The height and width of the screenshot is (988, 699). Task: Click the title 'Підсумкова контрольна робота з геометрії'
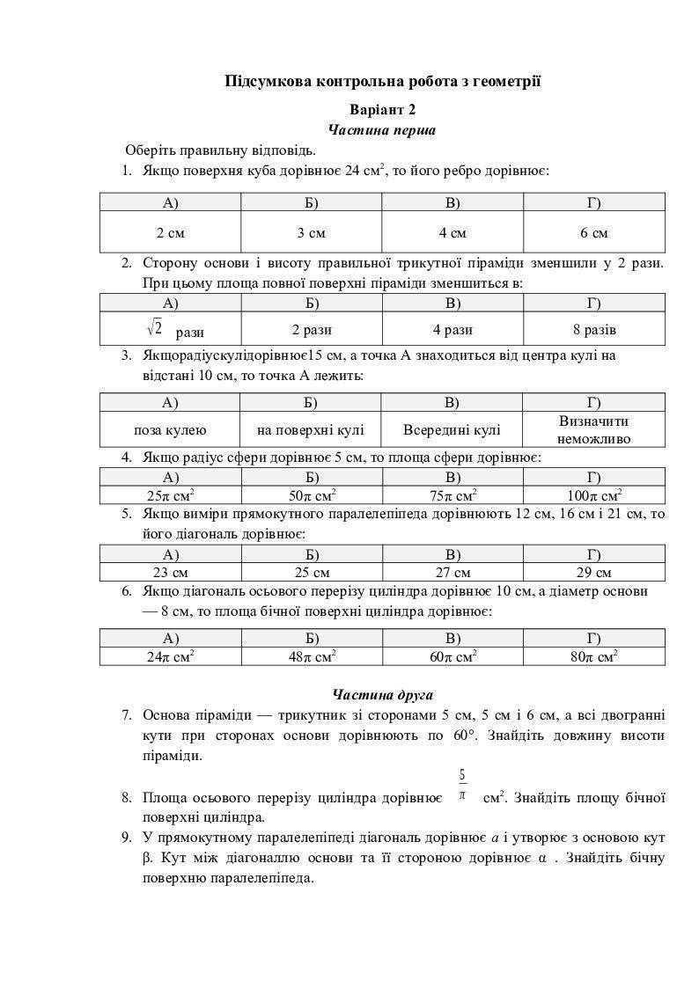[382, 82]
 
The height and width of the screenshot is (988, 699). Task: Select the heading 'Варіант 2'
[382, 110]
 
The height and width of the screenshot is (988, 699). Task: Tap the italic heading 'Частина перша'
[382, 130]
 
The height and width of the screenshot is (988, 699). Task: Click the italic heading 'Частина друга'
[382, 694]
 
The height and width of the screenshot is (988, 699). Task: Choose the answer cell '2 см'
[170, 233]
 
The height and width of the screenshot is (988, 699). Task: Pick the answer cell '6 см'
[593, 233]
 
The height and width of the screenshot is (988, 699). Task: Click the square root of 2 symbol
[154, 328]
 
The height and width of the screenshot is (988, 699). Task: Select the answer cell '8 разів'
[593, 330]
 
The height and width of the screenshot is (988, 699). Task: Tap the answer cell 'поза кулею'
[170, 429]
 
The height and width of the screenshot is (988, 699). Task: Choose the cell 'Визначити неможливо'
[593, 429]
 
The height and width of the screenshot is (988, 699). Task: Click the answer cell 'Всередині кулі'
[452, 429]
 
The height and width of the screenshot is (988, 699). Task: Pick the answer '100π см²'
[593, 494]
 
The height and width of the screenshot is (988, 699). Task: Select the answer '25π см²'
[170, 494]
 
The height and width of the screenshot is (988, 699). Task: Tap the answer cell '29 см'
[593, 571]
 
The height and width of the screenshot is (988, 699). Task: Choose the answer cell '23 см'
[170, 571]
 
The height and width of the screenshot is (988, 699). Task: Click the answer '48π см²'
[311, 656]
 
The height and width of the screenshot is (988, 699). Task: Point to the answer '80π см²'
[593, 656]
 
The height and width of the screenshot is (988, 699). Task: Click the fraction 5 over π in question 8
[462, 785]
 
